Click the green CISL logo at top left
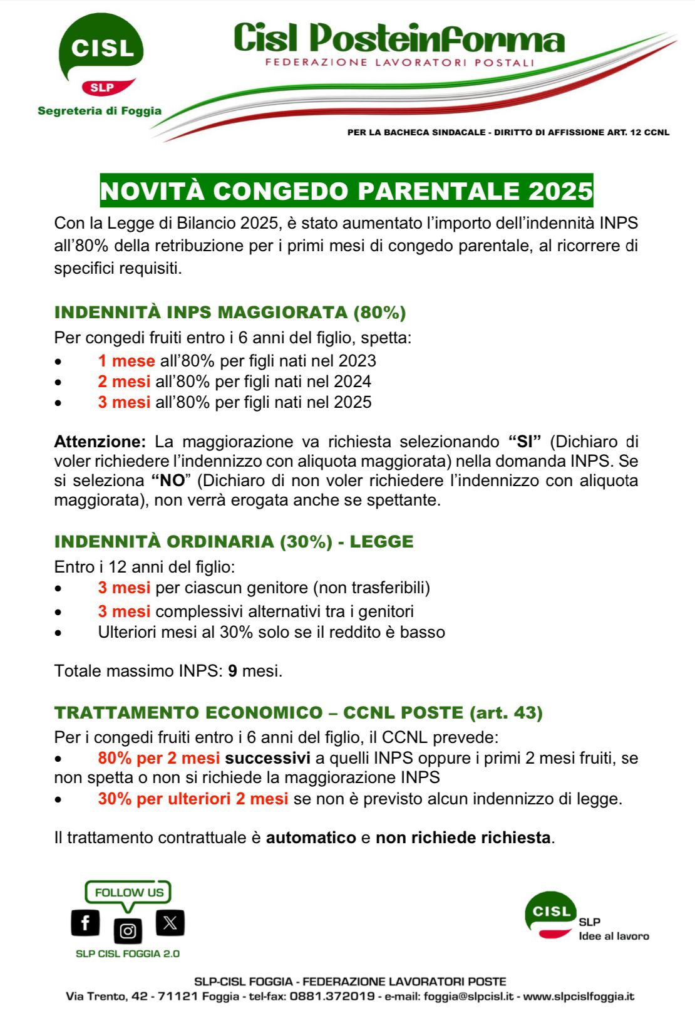(101, 48)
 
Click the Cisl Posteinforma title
(399, 38)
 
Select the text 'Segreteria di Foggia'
(100, 111)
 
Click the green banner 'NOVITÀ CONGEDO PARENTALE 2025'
(346, 191)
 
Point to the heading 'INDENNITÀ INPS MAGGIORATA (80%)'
(230, 312)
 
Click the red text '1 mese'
(126, 361)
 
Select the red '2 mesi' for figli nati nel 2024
(124, 382)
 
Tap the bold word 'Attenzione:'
(100, 442)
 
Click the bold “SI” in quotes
(524, 442)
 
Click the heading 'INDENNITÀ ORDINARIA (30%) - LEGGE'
(234, 541)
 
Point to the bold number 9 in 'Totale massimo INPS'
(232, 671)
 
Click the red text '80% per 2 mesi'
(158, 758)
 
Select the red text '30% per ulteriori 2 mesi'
(193, 799)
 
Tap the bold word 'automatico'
(311, 838)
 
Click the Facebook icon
(85, 922)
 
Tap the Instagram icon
(128, 931)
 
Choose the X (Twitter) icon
(170, 922)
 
